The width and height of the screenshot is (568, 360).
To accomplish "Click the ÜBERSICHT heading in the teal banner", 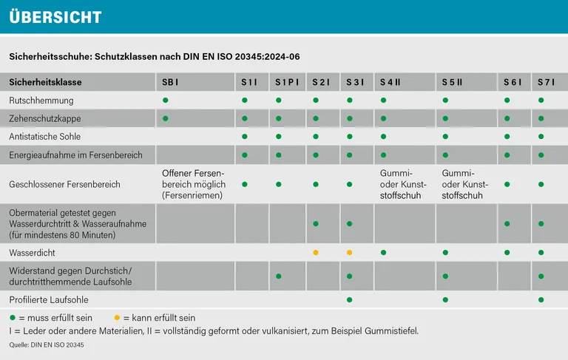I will click(x=55, y=17).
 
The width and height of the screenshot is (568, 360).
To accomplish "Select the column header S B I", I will click(x=172, y=81).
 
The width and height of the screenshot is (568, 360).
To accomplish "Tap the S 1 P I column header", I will click(x=286, y=81).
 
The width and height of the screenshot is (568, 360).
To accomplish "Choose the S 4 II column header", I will click(x=390, y=81).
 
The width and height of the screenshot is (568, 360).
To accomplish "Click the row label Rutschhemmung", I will click(x=41, y=100).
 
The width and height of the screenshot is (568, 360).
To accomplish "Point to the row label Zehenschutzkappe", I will click(x=45, y=118).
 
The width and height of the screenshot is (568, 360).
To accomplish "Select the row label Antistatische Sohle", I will click(x=45, y=137).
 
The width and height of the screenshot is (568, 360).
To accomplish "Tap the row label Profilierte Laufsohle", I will click(x=49, y=299).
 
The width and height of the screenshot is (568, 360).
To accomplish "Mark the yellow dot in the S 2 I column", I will click(x=316, y=253).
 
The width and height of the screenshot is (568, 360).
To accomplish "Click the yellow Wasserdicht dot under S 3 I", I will click(x=349, y=253).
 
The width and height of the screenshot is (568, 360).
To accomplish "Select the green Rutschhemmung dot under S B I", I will click(x=166, y=100).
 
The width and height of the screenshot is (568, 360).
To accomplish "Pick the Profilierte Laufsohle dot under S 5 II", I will click(x=445, y=299).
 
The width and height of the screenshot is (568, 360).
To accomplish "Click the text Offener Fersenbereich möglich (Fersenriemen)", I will click(x=192, y=184).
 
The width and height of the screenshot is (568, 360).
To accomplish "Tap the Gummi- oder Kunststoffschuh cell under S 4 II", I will click(x=399, y=184).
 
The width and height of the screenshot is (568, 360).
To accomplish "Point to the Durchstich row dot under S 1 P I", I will click(x=279, y=276).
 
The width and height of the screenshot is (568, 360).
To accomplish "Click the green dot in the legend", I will click(x=12, y=317).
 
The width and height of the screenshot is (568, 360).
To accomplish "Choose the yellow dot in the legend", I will click(x=117, y=317).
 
